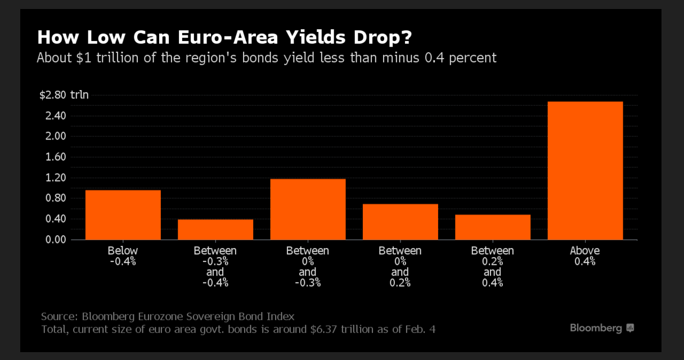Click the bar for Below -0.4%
tap(123, 215)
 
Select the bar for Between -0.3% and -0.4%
tap(215, 229)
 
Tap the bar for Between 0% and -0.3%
tap(308, 209)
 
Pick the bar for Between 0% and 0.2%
tap(400, 222)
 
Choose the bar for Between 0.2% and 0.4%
tap(493, 227)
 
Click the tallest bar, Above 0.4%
tap(585, 170)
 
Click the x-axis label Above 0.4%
tap(585, 256)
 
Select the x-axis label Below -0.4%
tap(123, 256)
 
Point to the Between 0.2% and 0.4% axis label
tap(493, 267)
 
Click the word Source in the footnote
tap(59, 316)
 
